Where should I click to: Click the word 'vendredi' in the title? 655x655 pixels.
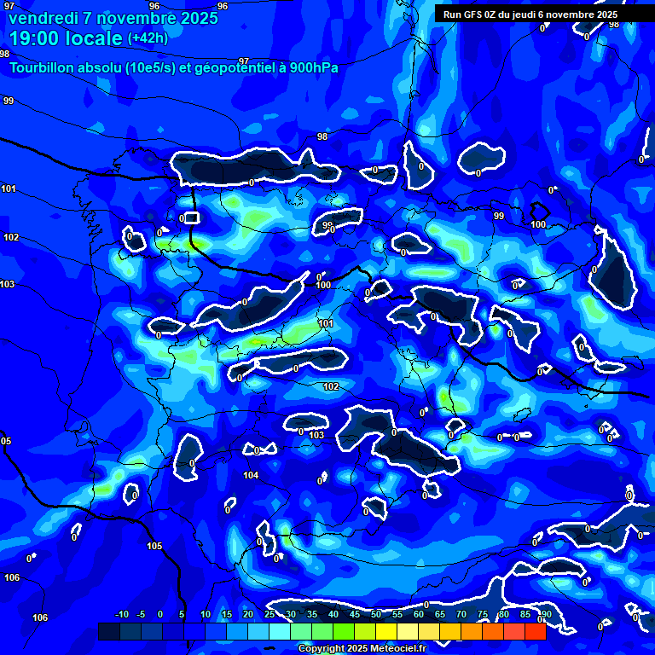tap(42, 18)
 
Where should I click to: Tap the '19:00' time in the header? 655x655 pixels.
tap(35, 38)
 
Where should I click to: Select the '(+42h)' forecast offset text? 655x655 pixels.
tap(148, 38)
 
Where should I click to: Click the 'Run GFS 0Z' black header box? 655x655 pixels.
tap(530, 14)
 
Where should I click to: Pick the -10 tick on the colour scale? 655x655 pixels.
tap(121, 615)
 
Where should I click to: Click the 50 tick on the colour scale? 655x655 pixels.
tap(376, 615)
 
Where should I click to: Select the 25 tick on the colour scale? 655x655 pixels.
tap(270, 615)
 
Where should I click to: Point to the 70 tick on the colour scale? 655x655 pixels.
tap(461, 615)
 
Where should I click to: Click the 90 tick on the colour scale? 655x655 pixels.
tap(546, 615)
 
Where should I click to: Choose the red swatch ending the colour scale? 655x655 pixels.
tap(536, 631)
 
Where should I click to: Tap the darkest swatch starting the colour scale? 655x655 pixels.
tap(109, 631)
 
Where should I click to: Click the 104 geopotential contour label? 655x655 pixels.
tap(251, 476)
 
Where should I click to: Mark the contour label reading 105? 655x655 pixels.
tap(154, 546)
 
